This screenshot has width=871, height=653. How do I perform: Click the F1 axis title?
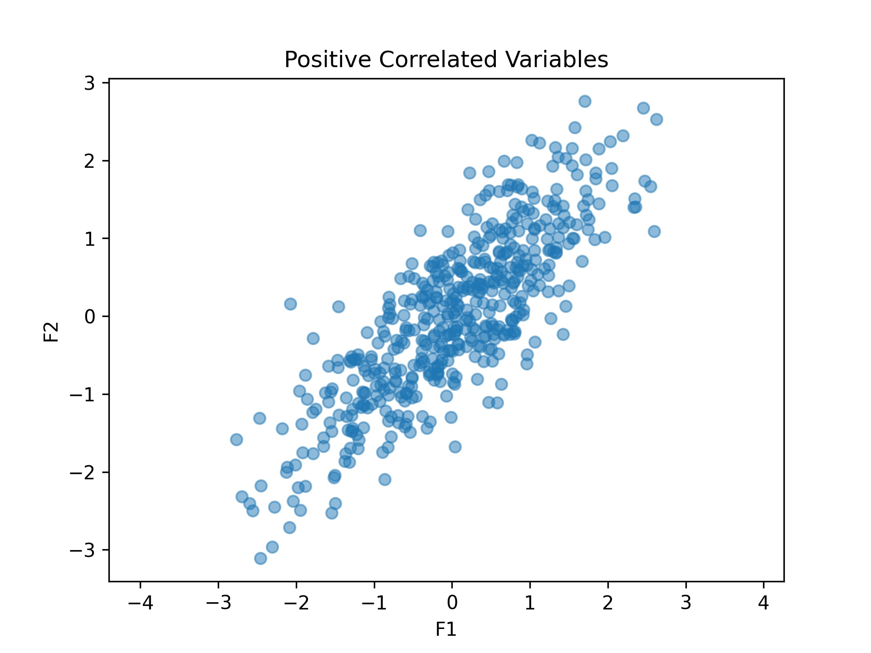446,629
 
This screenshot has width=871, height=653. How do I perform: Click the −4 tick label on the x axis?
140,603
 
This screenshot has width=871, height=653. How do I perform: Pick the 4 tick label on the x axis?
763,603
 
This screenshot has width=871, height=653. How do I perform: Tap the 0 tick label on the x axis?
452,603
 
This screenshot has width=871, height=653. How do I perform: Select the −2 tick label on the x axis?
296,603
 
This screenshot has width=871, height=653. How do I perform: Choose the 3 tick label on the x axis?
685,603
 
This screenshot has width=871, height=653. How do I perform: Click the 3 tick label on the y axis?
89,83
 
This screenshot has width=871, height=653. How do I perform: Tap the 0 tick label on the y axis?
89,317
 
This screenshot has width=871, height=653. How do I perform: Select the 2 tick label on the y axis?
89,161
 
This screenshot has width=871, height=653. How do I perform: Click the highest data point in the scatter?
585,101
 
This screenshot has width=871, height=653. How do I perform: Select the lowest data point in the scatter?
260,558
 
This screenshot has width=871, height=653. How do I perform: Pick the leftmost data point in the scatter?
236,439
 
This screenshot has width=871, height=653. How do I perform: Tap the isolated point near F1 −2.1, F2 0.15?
290,304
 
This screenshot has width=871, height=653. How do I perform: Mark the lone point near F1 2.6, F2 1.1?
654,231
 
